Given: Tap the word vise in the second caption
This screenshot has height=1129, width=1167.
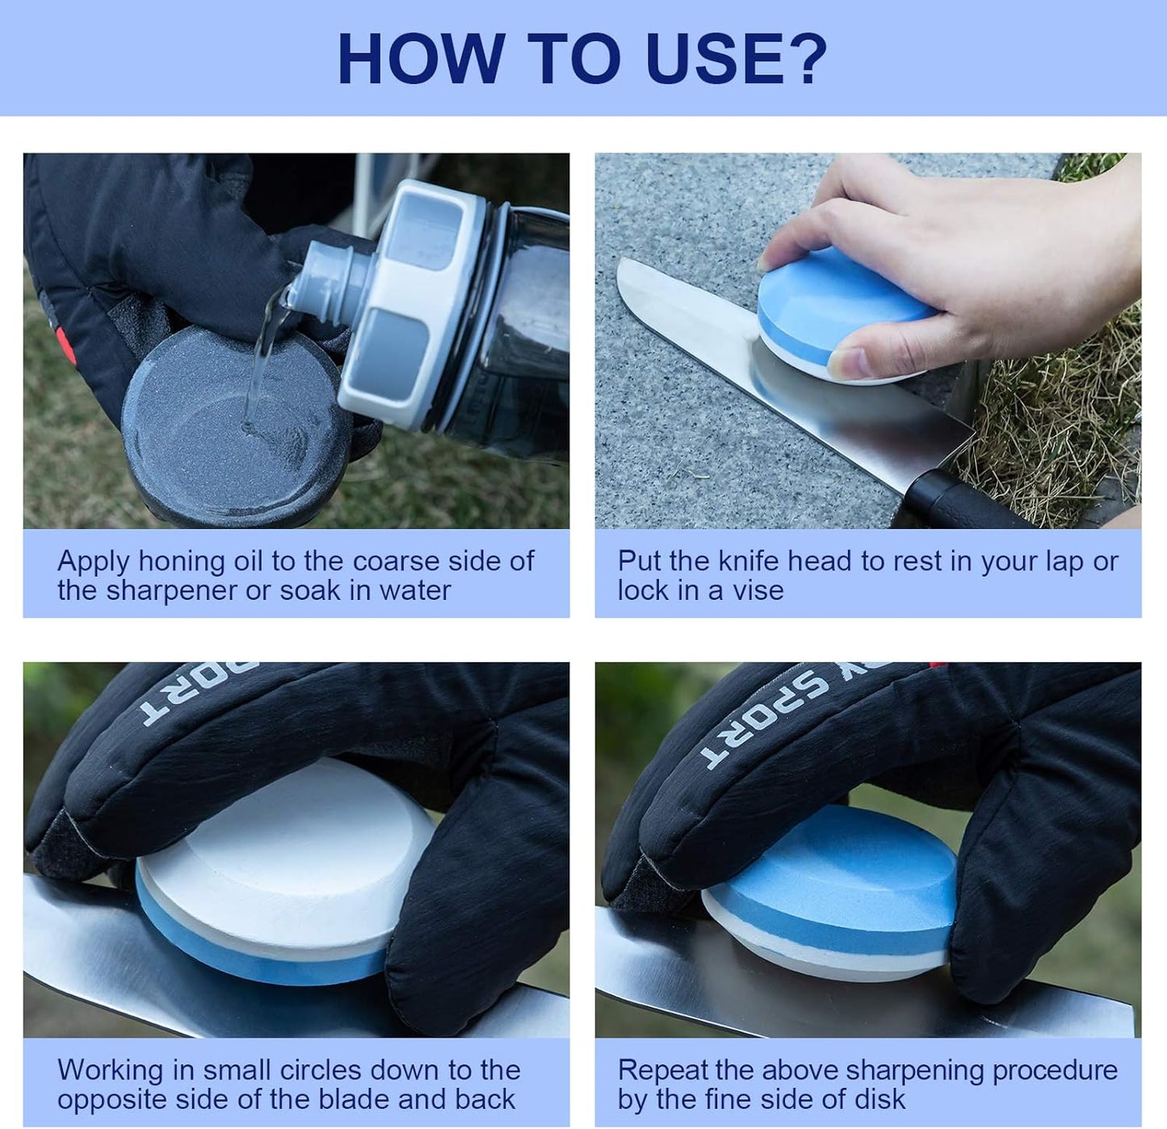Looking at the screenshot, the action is click(x=758, y=591).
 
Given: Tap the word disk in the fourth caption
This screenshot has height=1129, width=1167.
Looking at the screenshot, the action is click(x=879, y=1099).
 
